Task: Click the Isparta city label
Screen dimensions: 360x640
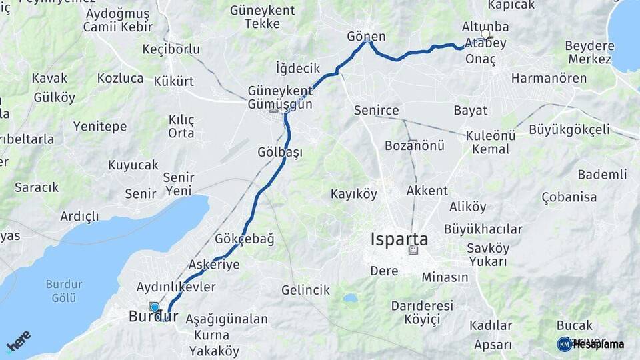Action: point(399,239)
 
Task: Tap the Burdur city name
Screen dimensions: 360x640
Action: point(153,317)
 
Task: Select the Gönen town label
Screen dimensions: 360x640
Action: point(367,36)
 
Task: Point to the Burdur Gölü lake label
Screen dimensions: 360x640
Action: point(64,289)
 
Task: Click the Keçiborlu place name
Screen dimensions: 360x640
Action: point(171,49)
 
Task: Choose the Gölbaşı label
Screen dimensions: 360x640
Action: point(280,152)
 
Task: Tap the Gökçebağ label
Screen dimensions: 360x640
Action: point(245,239)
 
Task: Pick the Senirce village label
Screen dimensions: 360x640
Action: point(377,110)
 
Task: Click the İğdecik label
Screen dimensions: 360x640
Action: point(298,68)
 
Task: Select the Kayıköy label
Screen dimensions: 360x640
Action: point(354,194)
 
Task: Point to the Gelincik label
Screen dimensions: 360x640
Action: point(305,290)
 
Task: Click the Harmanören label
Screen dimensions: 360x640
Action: point(549,78)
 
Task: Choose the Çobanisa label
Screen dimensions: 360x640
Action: point(569,197)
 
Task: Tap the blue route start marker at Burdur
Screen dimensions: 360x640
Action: point(155,307)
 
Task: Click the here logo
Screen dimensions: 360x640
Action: point(19,341)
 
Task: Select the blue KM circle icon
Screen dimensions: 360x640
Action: point(564,344)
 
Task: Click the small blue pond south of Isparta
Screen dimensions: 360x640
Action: point(350,298)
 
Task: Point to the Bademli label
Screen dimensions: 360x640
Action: point(602,174)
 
